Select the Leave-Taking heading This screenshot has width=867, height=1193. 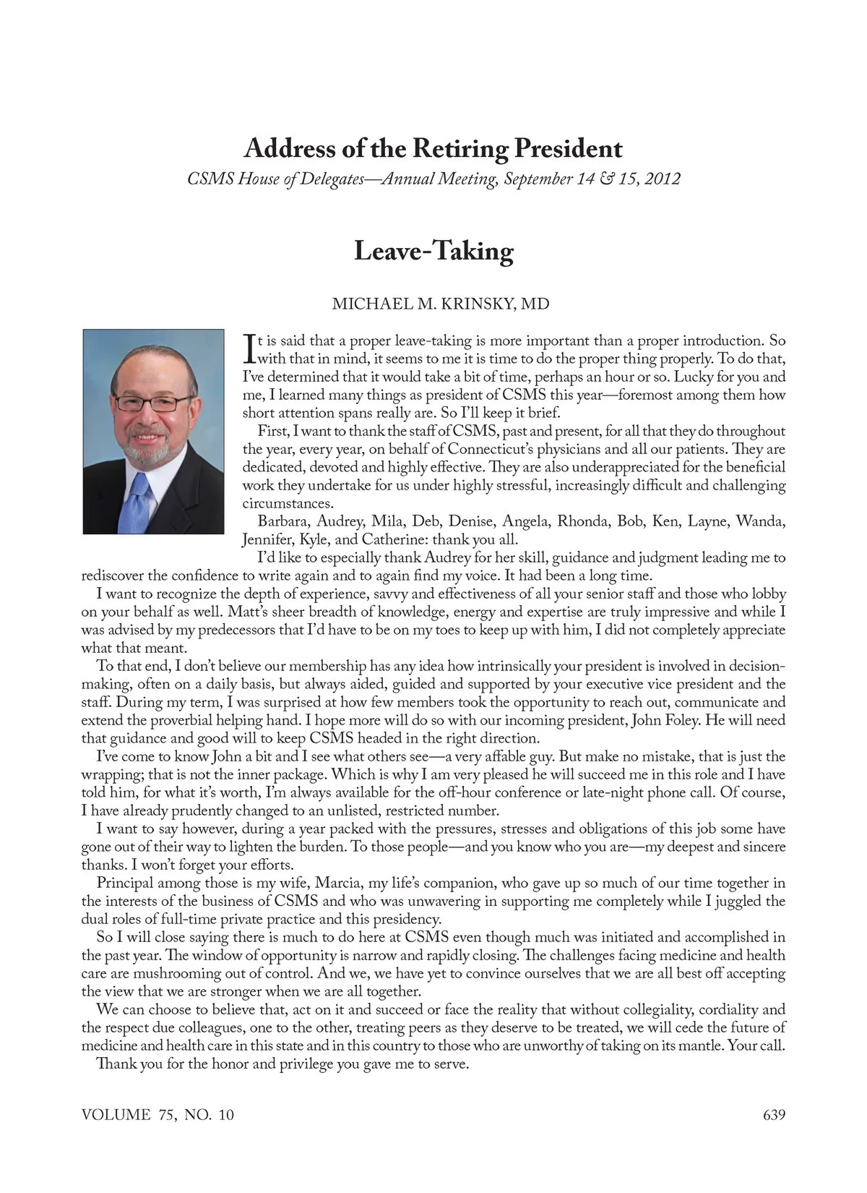(x=433, y=251)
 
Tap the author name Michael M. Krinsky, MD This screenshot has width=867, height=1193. (x=441, y=304)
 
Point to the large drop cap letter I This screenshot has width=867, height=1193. (x=249, y=348)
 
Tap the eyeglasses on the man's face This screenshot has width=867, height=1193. (x=153, y=403)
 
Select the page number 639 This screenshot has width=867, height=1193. (x=774, y=1114)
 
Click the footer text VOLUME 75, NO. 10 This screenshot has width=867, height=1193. (x=158, y=1114)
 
